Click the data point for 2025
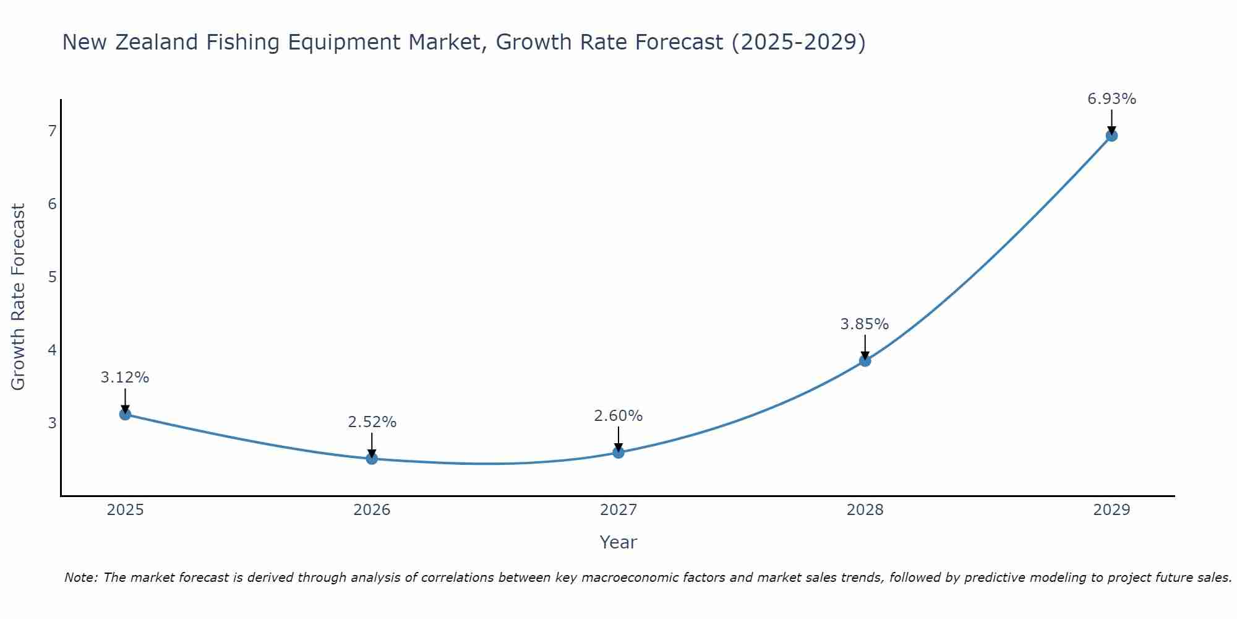click(x=125, y=414)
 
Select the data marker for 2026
click(x=372, y=459)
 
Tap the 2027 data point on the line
click(x=618, y=452)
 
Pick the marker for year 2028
click(x=865, y=361)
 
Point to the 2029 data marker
click(x=1111, y=136)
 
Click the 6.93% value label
click(x=1111, y=99)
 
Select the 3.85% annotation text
click(x=864, y=324)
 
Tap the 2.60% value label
click(x=618, y=416)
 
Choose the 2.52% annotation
click(x=372, y=422)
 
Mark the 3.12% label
click(x=125, y=378)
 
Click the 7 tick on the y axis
click(x=53, y=131)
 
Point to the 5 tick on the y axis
click(x=53, y=277)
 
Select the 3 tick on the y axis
click(x=53, y=423)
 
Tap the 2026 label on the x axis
click(x=372, y=510)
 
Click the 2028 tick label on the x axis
click(x=865, y=510)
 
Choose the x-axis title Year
click(x=618, y=542)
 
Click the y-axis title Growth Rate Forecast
click(x=19, y=297)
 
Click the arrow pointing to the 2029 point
click(x=1111, y=121)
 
